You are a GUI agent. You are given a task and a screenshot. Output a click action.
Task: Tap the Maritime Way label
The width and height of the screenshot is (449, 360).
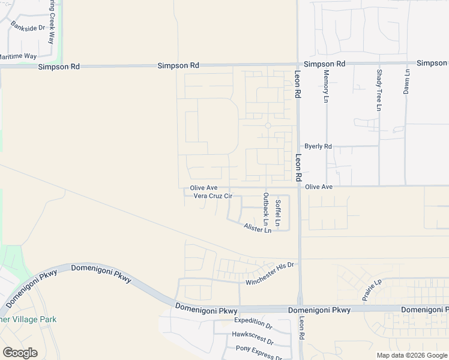pos(17,56)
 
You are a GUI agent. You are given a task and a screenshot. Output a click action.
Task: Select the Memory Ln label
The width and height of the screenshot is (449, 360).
pos(327,86)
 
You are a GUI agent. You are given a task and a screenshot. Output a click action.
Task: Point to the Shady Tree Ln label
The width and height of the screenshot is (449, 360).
pos(379,90)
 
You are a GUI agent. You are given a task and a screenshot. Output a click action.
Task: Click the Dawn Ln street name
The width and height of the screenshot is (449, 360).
pos(407,80)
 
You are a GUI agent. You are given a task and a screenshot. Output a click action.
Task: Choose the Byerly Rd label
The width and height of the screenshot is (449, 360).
pos(318,146)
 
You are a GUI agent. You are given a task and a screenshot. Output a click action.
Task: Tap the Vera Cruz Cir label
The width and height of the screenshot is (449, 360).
pos(208,196)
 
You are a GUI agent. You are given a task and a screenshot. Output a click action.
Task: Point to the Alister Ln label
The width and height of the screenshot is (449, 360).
pos(258,228)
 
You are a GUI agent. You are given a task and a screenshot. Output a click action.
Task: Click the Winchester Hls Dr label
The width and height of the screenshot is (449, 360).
pos(270,274)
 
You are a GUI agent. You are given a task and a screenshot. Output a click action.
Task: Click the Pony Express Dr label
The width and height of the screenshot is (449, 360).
pos(258,350)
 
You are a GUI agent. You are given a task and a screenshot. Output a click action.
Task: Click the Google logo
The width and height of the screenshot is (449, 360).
pos(20,353)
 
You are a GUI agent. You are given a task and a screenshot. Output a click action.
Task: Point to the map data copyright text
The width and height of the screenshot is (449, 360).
pos(411,355)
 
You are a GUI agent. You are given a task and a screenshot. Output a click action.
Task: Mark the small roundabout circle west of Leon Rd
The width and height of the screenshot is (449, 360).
pos(268,125)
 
